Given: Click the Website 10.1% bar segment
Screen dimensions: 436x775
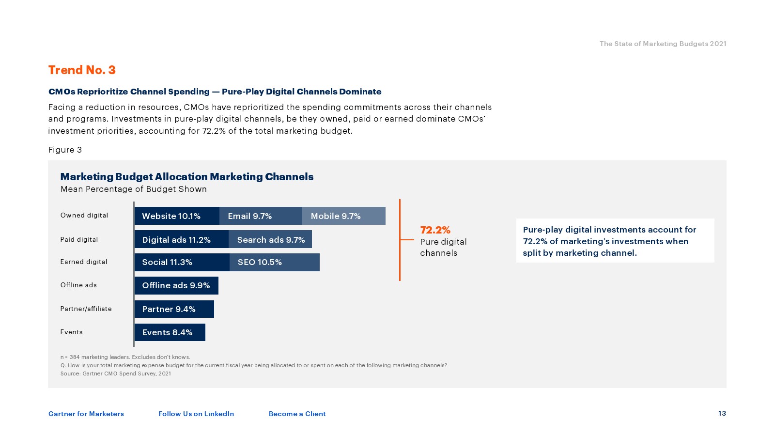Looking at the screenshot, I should [177, 216].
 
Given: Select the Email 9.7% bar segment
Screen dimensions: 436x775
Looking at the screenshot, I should [261, 216].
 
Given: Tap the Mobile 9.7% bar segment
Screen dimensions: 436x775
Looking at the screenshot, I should [343, 216].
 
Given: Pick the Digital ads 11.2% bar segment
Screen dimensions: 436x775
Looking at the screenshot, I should [181, 239].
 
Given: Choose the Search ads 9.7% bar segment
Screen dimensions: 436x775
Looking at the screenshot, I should [270, 239].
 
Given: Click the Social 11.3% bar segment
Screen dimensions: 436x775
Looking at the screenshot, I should [182, 262].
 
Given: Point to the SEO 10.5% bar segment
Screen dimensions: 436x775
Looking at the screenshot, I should [274, 262].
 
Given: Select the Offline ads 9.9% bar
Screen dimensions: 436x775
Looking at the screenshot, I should [176, 285].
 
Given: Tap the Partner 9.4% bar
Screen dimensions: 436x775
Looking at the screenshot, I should [174, 309].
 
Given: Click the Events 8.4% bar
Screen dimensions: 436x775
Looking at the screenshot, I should [170, 332].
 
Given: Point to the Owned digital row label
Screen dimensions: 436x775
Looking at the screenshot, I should [84, 216].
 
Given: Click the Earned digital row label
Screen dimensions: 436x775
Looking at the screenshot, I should [84, 262].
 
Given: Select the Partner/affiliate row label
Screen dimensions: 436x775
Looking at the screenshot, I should [86, 309].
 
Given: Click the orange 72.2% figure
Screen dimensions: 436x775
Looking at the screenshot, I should [435, 230].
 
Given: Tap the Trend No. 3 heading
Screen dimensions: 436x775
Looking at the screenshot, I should [82, 70].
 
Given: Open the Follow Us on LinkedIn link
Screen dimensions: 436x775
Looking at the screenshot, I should [196, 414].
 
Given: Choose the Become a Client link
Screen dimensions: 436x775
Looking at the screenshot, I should [297, 414].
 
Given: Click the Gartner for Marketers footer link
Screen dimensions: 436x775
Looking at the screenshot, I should [86, 414].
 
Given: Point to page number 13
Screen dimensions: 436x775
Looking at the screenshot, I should [722, 413].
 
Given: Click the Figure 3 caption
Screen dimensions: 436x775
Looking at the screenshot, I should [65, 150].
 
